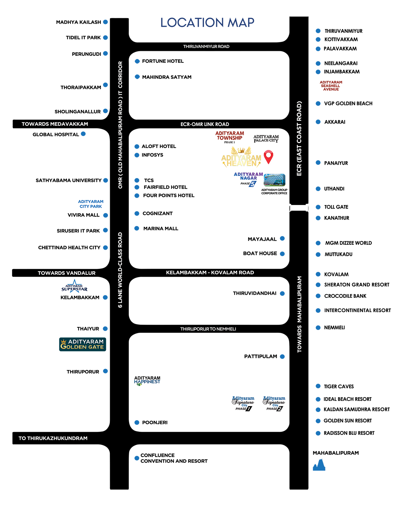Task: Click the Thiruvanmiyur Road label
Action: pos(206,47)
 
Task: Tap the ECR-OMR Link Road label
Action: pos(205,124)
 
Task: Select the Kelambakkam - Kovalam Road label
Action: pos(210,273)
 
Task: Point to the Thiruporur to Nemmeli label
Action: pos(208,329)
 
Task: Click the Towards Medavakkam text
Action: pos(55,124)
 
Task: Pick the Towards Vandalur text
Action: pos(67,273)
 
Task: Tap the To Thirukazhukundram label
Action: pos(53,438)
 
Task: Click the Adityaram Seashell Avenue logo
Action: pos(331,86)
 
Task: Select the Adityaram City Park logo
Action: pos(91,204)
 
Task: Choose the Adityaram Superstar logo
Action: pos(74,287)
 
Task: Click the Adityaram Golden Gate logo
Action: pos(82,344)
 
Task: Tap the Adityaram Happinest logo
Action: pos(147,380)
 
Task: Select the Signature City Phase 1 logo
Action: pos(243,403)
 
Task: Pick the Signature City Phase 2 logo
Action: pos(274,403)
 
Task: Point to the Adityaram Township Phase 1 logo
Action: pos(229,137)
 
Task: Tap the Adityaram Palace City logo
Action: pos(266,139)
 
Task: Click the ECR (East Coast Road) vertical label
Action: pos(299,139)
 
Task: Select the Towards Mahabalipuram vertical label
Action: pos(299,314)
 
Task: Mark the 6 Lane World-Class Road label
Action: pos(120,270)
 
